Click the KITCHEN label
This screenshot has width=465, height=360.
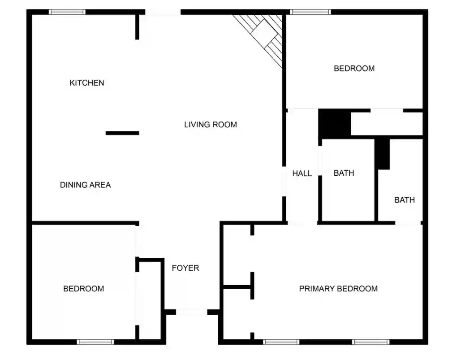86,83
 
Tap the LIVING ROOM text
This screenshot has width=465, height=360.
211,125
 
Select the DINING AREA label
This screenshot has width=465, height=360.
86,185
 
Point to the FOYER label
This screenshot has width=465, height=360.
185,268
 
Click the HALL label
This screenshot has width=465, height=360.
302,173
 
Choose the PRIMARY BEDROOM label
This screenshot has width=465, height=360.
338,288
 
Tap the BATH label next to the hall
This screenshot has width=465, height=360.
344,173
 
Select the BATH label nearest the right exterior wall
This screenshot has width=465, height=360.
405,200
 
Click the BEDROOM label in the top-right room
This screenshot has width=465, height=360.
354,69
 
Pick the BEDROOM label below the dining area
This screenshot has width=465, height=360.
84,288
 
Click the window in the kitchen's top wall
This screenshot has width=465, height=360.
67,12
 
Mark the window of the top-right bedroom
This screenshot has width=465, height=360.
310,12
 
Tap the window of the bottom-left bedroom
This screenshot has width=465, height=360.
95,342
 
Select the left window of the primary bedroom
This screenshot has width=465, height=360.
281,342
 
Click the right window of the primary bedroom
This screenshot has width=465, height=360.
370,342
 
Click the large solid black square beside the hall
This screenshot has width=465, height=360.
335,123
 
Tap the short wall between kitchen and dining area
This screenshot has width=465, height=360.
122,133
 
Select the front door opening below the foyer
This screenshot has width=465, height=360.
192,312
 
